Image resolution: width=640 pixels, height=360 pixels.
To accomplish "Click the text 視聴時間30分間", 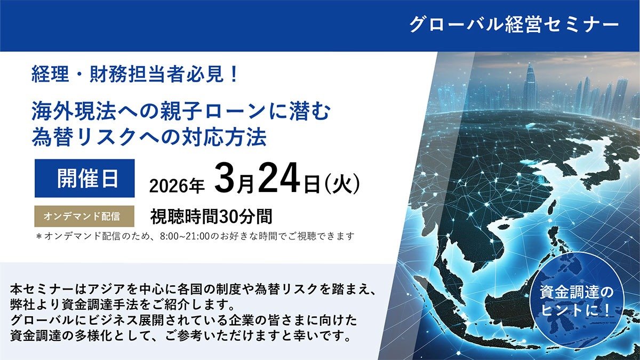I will (x=211, y=217).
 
